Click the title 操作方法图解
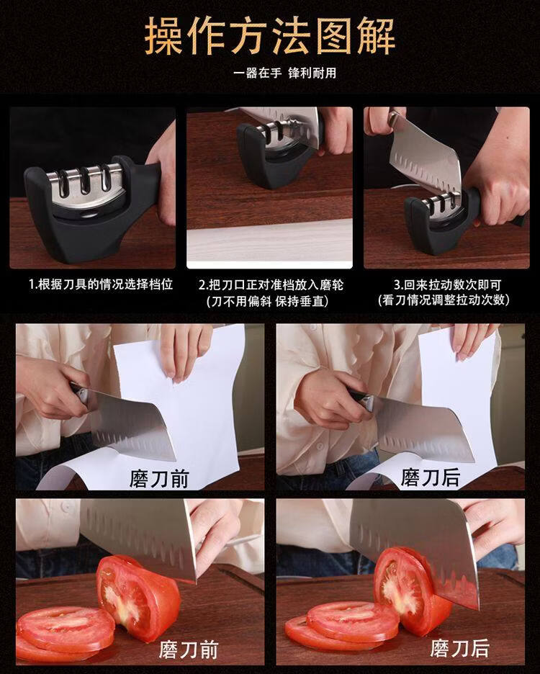269,36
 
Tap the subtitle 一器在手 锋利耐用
284,73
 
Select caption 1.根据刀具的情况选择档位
101,284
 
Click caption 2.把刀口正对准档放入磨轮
271,284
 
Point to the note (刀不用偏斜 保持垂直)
267,301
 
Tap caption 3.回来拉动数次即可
447,284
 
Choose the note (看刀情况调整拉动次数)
444,300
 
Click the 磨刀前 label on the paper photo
159,478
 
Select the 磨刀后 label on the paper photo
430,477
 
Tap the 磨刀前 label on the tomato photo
189,650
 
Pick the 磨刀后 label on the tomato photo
459,648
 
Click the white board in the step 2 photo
269,243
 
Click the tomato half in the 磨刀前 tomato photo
138,598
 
